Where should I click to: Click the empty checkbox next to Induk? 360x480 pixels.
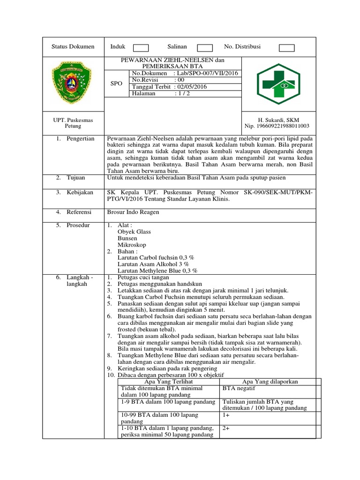click(141, 47)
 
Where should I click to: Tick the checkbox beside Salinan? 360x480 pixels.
click(205, 47)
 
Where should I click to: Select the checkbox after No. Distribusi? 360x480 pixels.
click(286, 47)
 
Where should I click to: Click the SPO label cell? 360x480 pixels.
click(116, 83)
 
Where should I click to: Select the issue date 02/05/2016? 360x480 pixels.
click(191, 87)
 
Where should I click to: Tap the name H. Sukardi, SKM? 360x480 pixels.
click(278, 120)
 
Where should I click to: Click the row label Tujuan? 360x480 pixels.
click(76, 178)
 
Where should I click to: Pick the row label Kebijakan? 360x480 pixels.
click(80, 193)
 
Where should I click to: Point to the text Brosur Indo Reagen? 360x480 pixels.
click(133, 212)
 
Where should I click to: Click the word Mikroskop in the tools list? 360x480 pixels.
click(132, 245)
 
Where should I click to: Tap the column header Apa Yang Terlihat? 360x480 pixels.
click(168, 382)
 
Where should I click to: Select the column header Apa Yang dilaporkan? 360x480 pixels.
click(270, 382)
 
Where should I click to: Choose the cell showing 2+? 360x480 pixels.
click(227, 428)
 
